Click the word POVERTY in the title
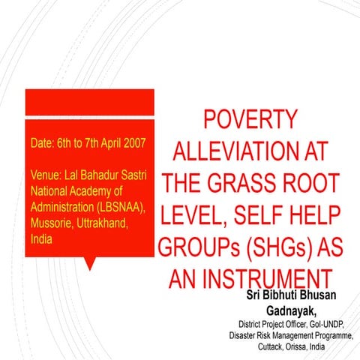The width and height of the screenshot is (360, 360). tap(251, 121)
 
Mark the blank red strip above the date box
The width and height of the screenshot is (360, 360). tap(89, 101)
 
